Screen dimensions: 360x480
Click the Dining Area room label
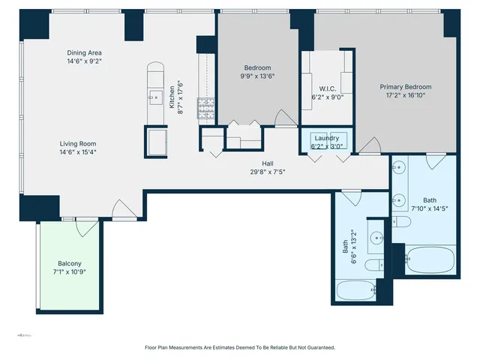coord(84,52)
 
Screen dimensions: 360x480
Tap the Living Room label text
coord(78,143)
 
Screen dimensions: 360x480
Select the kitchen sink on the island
coord(156,95)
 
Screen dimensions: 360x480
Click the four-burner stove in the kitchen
coord(205,109)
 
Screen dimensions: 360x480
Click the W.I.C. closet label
coord(327,87)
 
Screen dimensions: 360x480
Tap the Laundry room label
coord(327,138)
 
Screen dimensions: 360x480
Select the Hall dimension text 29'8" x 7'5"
coord(267,172)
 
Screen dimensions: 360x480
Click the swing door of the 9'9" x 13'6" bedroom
coord(283,118)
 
